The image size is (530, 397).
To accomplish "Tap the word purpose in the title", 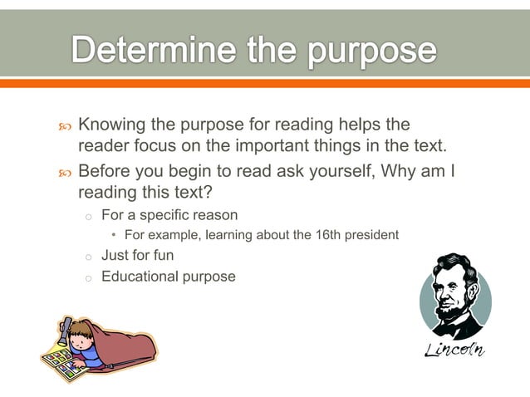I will [x=372, y=51].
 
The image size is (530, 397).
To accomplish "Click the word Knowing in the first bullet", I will [x=113, y=125].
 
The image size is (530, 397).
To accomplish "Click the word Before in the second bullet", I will [x=104, y=172].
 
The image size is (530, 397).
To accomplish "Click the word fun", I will [x=162, y=255].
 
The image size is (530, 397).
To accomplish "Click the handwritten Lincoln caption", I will [x=454, y=349].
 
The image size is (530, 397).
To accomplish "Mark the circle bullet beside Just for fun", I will [x=86, y=256].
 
